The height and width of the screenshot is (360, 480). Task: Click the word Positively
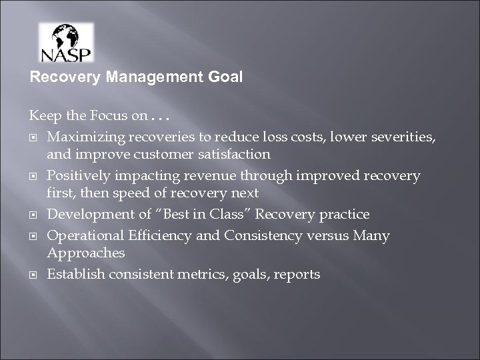pos(78,176)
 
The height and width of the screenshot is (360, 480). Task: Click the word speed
pos(123,193)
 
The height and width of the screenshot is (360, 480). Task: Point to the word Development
pos(87,215)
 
